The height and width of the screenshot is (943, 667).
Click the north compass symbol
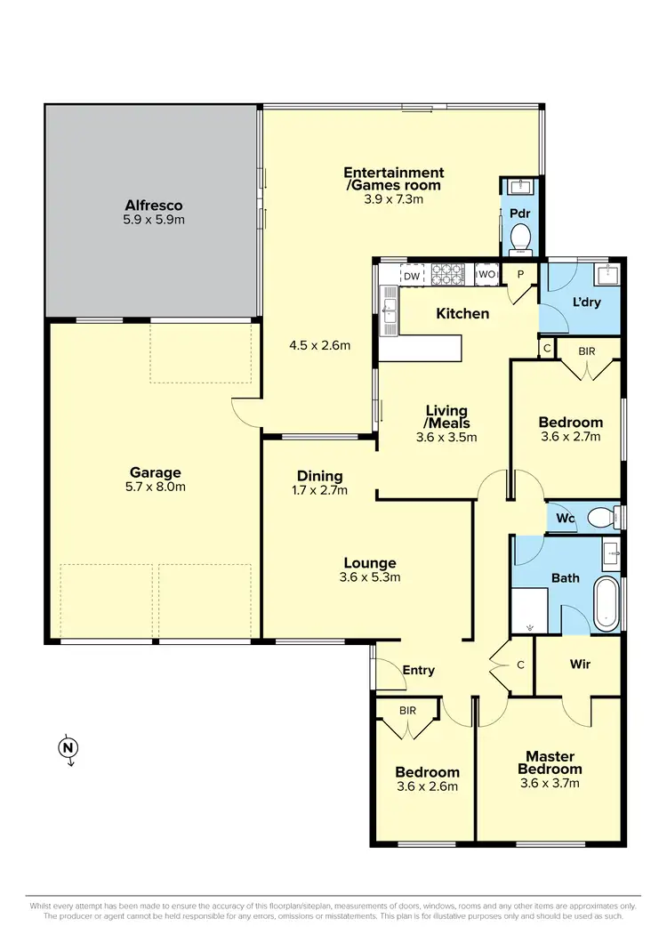pyautogui.click(x=67, y=748)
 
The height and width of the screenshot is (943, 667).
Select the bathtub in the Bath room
pyautogui.click(x=607, y=604)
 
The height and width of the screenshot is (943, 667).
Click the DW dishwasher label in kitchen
pyautogui.click(x=411, y=277)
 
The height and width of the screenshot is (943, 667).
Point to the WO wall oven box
pyautogui.click(x=486, y=276)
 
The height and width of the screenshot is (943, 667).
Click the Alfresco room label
pyautogui.click(x=154, y=206)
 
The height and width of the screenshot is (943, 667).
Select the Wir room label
pyautogui.click(x=580, y=665)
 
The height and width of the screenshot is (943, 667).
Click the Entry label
pyautogui.click(x=419, y=670)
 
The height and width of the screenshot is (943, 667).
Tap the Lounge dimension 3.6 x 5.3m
pyautogui.click(x=371, y=576)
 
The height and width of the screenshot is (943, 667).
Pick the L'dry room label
pyautogui.click(x=588, y=302)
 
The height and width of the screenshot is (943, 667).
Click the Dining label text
pyautogui.click(x=320, y=476)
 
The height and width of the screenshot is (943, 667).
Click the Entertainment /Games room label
pyautogui.click(x=393, y=178)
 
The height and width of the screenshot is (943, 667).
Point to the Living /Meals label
pyautogui.click(x=446, y=416)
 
